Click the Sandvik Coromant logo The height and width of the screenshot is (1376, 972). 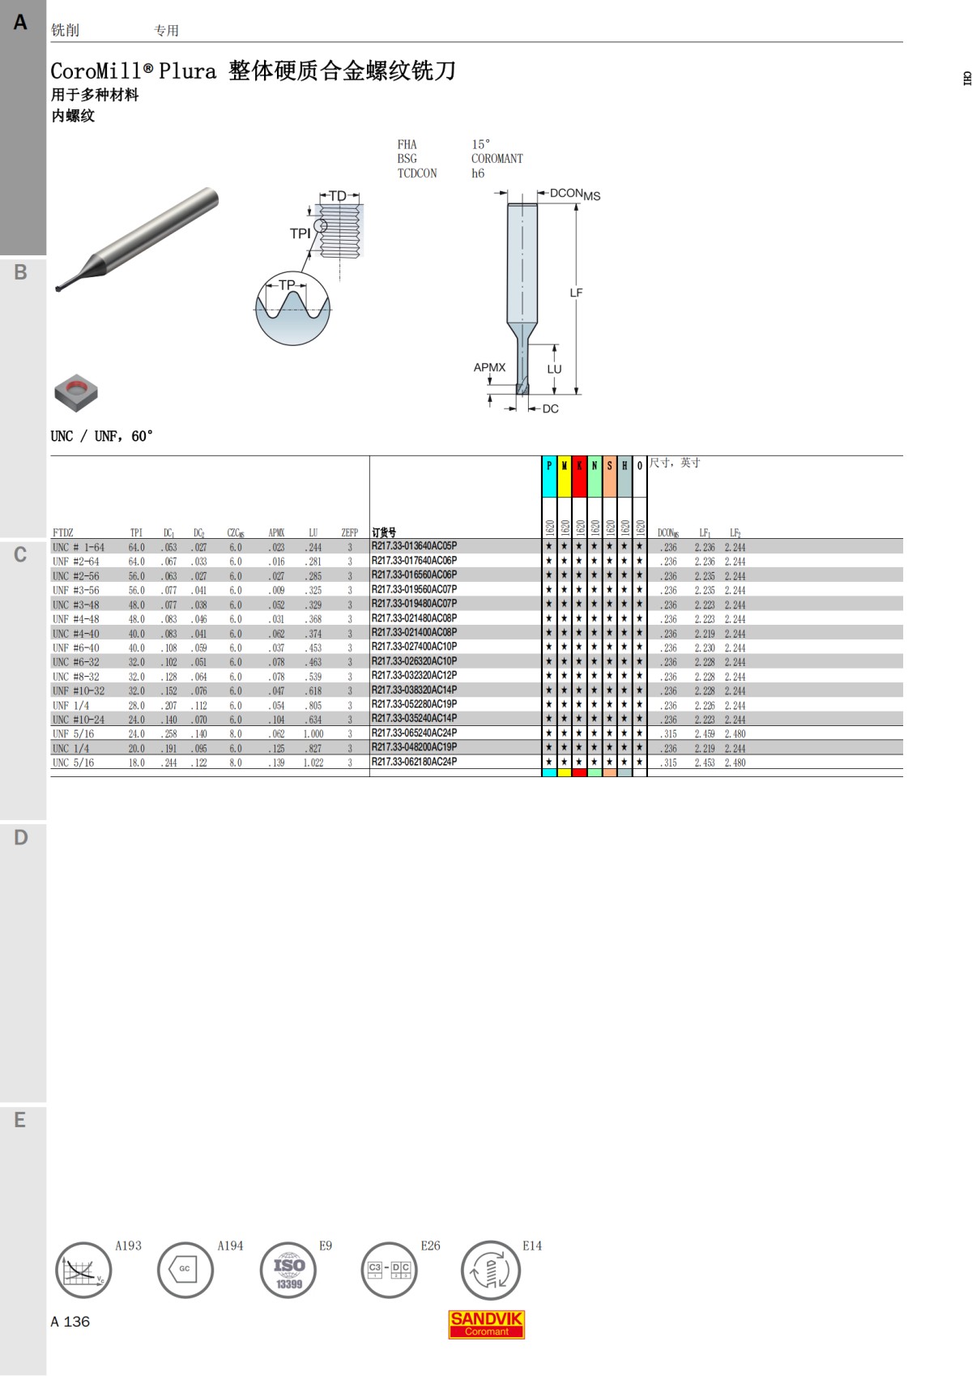pyautogui.click(x=486, y=1324)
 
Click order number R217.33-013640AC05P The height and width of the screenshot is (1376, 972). pyautogui.click(x=414, y=546)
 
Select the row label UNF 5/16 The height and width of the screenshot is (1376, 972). pyautogui.click(x=73, y=733)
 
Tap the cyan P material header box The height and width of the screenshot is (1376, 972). pyautogui.click(x=549, y=476)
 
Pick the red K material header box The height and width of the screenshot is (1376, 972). pyautogui.click(x=579, y=476)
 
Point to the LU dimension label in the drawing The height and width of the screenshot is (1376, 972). pyautogui.click(x=554, y=369)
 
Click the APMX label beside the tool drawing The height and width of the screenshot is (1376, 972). pyautogui.click(x=489, y=367)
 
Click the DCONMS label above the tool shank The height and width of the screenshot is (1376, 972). pyautogui.click(x=574, y=194)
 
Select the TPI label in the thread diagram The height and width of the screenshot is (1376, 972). pyautogui.click(x=300, y=233)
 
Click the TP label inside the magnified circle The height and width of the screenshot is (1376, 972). pyautogui.click(x=287, y=284)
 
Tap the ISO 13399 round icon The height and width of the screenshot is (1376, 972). pyautogui.click(x=288, y=1270)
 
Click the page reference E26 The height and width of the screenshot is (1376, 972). pyautogui.click(x=430, y=1246)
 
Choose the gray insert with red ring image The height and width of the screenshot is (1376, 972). pyautogui.click(x=76, y=393)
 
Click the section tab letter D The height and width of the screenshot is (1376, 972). pyautogui.click(x=21, y=837)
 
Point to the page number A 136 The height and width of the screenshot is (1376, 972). pyautogui.click(x=70, y=1321)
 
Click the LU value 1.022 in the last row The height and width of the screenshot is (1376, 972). pyautogui.click(x=313, y=763)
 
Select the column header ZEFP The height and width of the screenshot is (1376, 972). pyautogui.click(x=349, y=532)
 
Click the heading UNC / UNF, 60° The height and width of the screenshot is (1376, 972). pyautogui.click(x=101, y=436)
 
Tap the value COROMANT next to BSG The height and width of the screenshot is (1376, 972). pyautogui.click(x=497, y=159)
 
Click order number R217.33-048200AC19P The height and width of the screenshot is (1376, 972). pyautogui.click(x=414, y=747)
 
